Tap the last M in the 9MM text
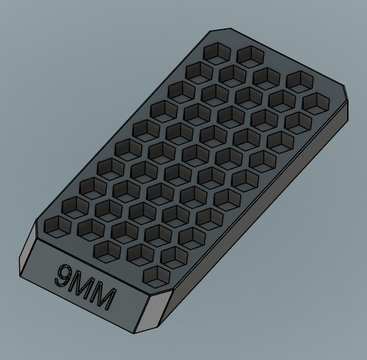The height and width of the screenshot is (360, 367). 102,299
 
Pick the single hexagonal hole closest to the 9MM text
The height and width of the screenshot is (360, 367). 154,274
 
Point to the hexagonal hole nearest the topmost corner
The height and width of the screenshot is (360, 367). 214,51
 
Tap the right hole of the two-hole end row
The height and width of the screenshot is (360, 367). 248,54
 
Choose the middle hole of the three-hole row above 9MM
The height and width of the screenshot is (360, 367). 139,251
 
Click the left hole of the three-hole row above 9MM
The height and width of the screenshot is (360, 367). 106,248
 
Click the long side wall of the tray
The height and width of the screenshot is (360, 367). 263,206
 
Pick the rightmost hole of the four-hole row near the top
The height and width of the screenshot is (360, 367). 297,80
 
